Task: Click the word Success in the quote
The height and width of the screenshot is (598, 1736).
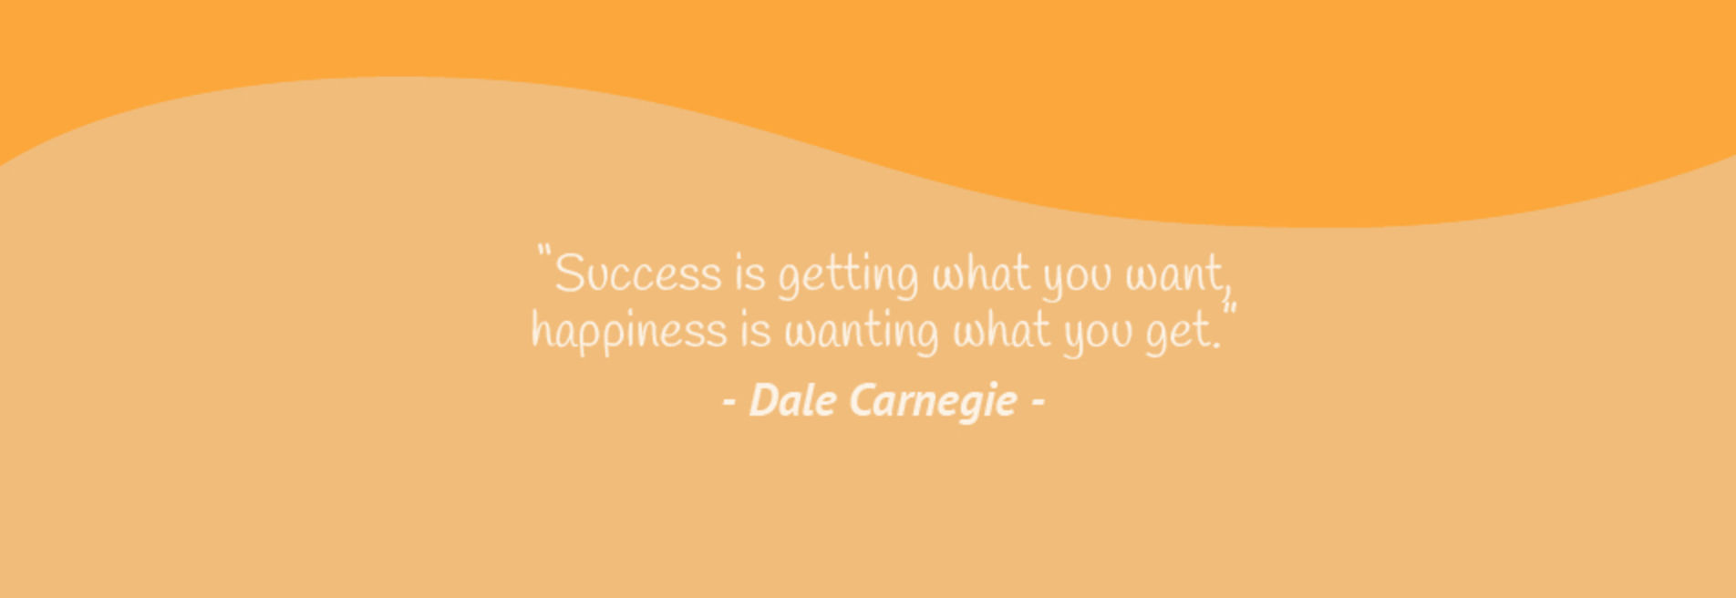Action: coord(638,273)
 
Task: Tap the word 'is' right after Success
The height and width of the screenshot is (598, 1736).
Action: coord(750,273)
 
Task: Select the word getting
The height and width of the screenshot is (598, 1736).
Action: coord(848,277)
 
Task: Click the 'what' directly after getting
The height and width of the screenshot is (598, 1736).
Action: coord(981,273)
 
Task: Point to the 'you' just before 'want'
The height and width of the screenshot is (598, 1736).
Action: coord(1078,278)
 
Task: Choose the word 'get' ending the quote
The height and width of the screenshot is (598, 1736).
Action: coord(1178,335)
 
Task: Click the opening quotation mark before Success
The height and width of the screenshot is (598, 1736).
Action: coord(544,251)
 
